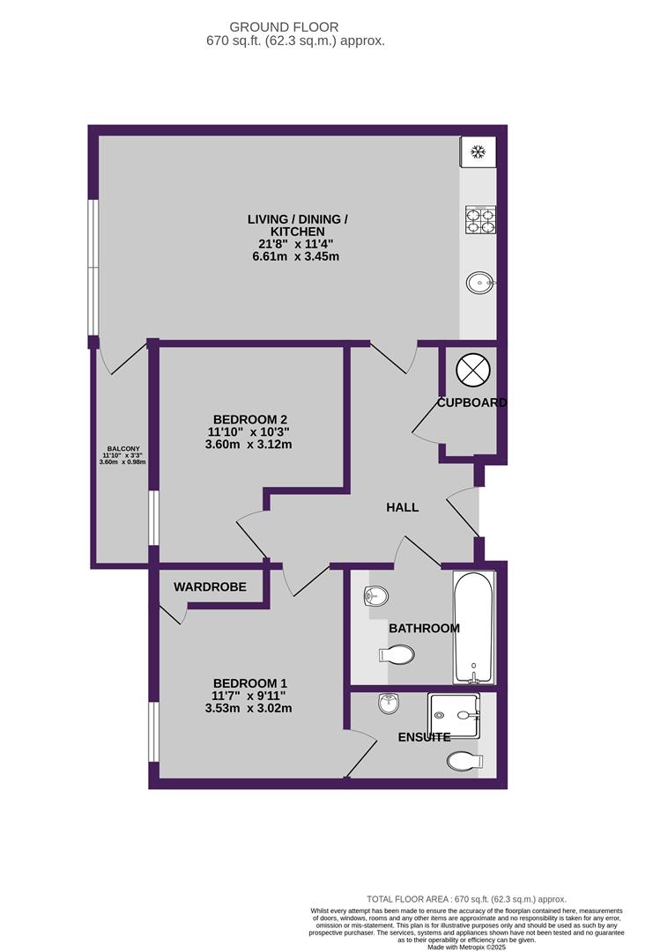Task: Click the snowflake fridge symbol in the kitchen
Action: [478, 152]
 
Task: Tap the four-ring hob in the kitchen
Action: [479, 219]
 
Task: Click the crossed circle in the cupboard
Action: [471, 370]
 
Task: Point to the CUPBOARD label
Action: [472, 403]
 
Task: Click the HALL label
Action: [403, 508]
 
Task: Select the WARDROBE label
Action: [210, 586]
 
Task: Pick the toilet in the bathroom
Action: [398, 654]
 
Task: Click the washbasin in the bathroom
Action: [376, 596]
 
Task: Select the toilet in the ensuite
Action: [464, 761]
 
